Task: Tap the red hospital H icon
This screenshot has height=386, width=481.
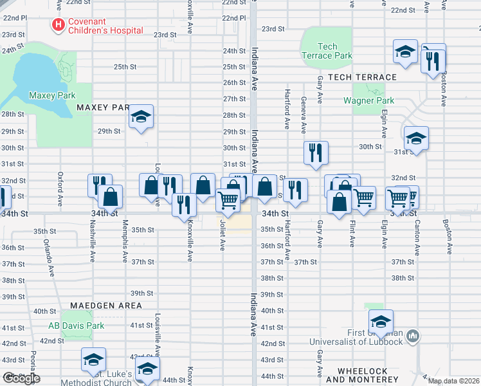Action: pyautogui.click(x=59, y=26)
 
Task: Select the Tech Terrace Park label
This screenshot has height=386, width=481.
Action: pyautogui.click(x=327, y=51)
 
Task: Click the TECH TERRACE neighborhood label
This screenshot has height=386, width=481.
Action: pyautogui.click(x=362, y=77)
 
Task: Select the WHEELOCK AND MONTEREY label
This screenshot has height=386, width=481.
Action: pyautogui.click(x=362, y=376)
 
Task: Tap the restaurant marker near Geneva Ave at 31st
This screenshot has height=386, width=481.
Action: pyautogui.click(x=316, y=153)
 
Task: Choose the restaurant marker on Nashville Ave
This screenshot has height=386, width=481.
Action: pyautogui.click(x=100, y=185)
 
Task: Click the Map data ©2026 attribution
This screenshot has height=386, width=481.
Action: pyautogui.click(x=453, y=381)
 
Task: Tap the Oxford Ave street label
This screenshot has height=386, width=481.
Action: pyautogui.click(x=60, y=184)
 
